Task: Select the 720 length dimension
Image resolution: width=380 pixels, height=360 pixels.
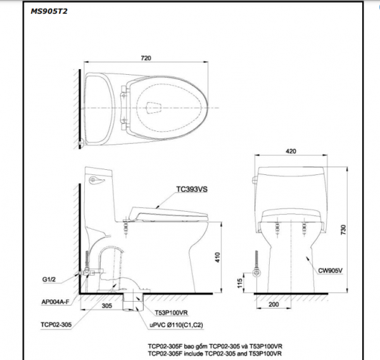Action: click(146, 58)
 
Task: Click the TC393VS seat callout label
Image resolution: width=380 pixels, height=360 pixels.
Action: click(191, 189)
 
